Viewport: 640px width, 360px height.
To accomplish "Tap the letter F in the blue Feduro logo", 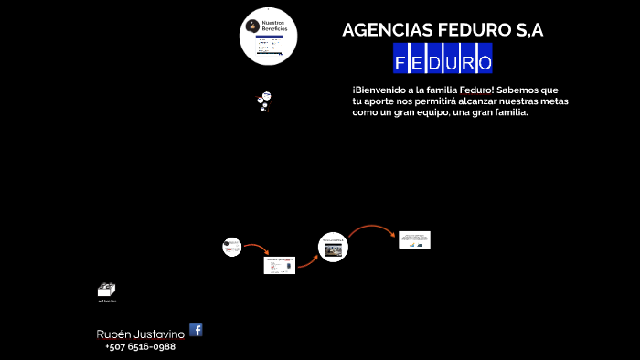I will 402,63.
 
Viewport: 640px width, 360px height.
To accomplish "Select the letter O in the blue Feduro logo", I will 484,63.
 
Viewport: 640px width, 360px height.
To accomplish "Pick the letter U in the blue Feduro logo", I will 452,63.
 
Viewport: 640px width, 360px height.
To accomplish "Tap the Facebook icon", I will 196,330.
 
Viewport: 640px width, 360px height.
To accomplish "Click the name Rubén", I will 115,334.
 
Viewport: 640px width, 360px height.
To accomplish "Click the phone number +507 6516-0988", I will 140,347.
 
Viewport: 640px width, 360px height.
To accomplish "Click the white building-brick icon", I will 106,290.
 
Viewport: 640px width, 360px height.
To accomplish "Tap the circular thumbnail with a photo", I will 333,247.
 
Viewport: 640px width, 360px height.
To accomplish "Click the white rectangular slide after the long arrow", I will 414,239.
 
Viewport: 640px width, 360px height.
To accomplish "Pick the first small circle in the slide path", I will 231,247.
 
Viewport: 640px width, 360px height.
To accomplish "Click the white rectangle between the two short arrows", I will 280,265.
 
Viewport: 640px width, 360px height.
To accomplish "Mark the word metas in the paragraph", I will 554,101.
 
